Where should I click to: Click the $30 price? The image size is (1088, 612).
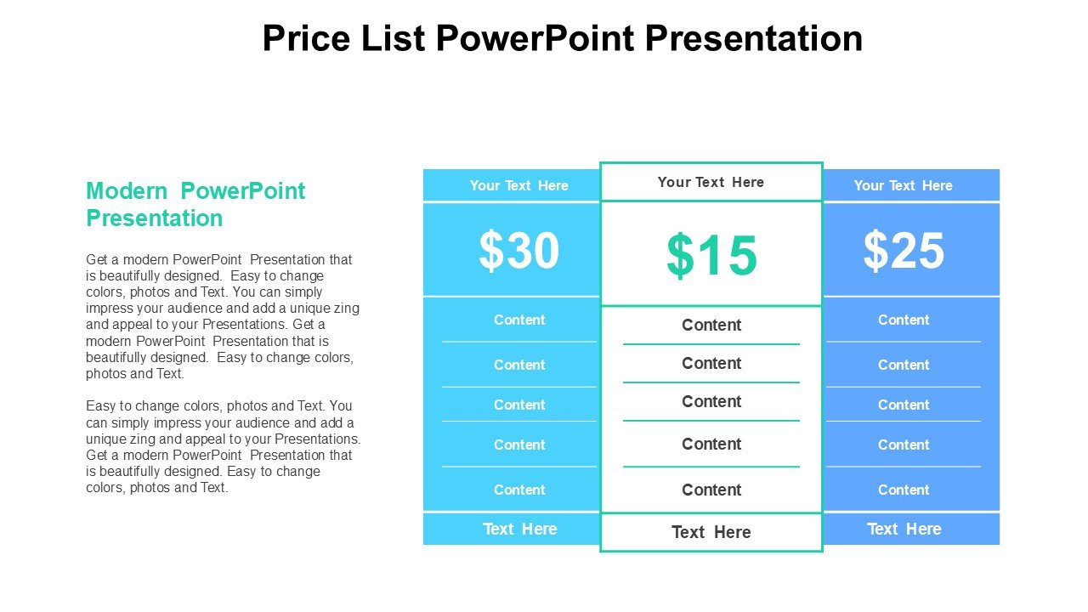coord(518,251)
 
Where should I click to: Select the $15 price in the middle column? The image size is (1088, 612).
coord(711,256)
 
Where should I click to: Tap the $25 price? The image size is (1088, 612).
coord(904,251)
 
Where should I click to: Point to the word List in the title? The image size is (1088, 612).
coord(394,38)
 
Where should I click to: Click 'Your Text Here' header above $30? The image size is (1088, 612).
coord(518,185)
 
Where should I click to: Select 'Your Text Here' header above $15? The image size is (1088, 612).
coord(711,182)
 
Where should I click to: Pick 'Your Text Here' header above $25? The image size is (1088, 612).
coord(904,185)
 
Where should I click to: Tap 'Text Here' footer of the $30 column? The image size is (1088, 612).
coord(519,529)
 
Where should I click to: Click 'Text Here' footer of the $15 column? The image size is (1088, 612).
coord(711,532)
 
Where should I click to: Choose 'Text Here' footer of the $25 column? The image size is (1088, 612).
coord(904,529)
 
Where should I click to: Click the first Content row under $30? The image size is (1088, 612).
coord(519,320)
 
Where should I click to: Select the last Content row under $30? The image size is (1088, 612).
coord(519,490)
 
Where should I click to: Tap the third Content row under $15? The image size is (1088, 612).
coord(711,402)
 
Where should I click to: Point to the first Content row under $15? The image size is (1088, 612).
coord(711,325)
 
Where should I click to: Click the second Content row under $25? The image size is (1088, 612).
coord(904,365)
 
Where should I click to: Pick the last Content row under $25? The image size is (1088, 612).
coord(904,490)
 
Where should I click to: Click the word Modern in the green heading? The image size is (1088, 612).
coord(127,191)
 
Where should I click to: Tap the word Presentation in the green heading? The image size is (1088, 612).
coord(155,218)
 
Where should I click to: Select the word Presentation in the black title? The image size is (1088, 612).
coord(753,38)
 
